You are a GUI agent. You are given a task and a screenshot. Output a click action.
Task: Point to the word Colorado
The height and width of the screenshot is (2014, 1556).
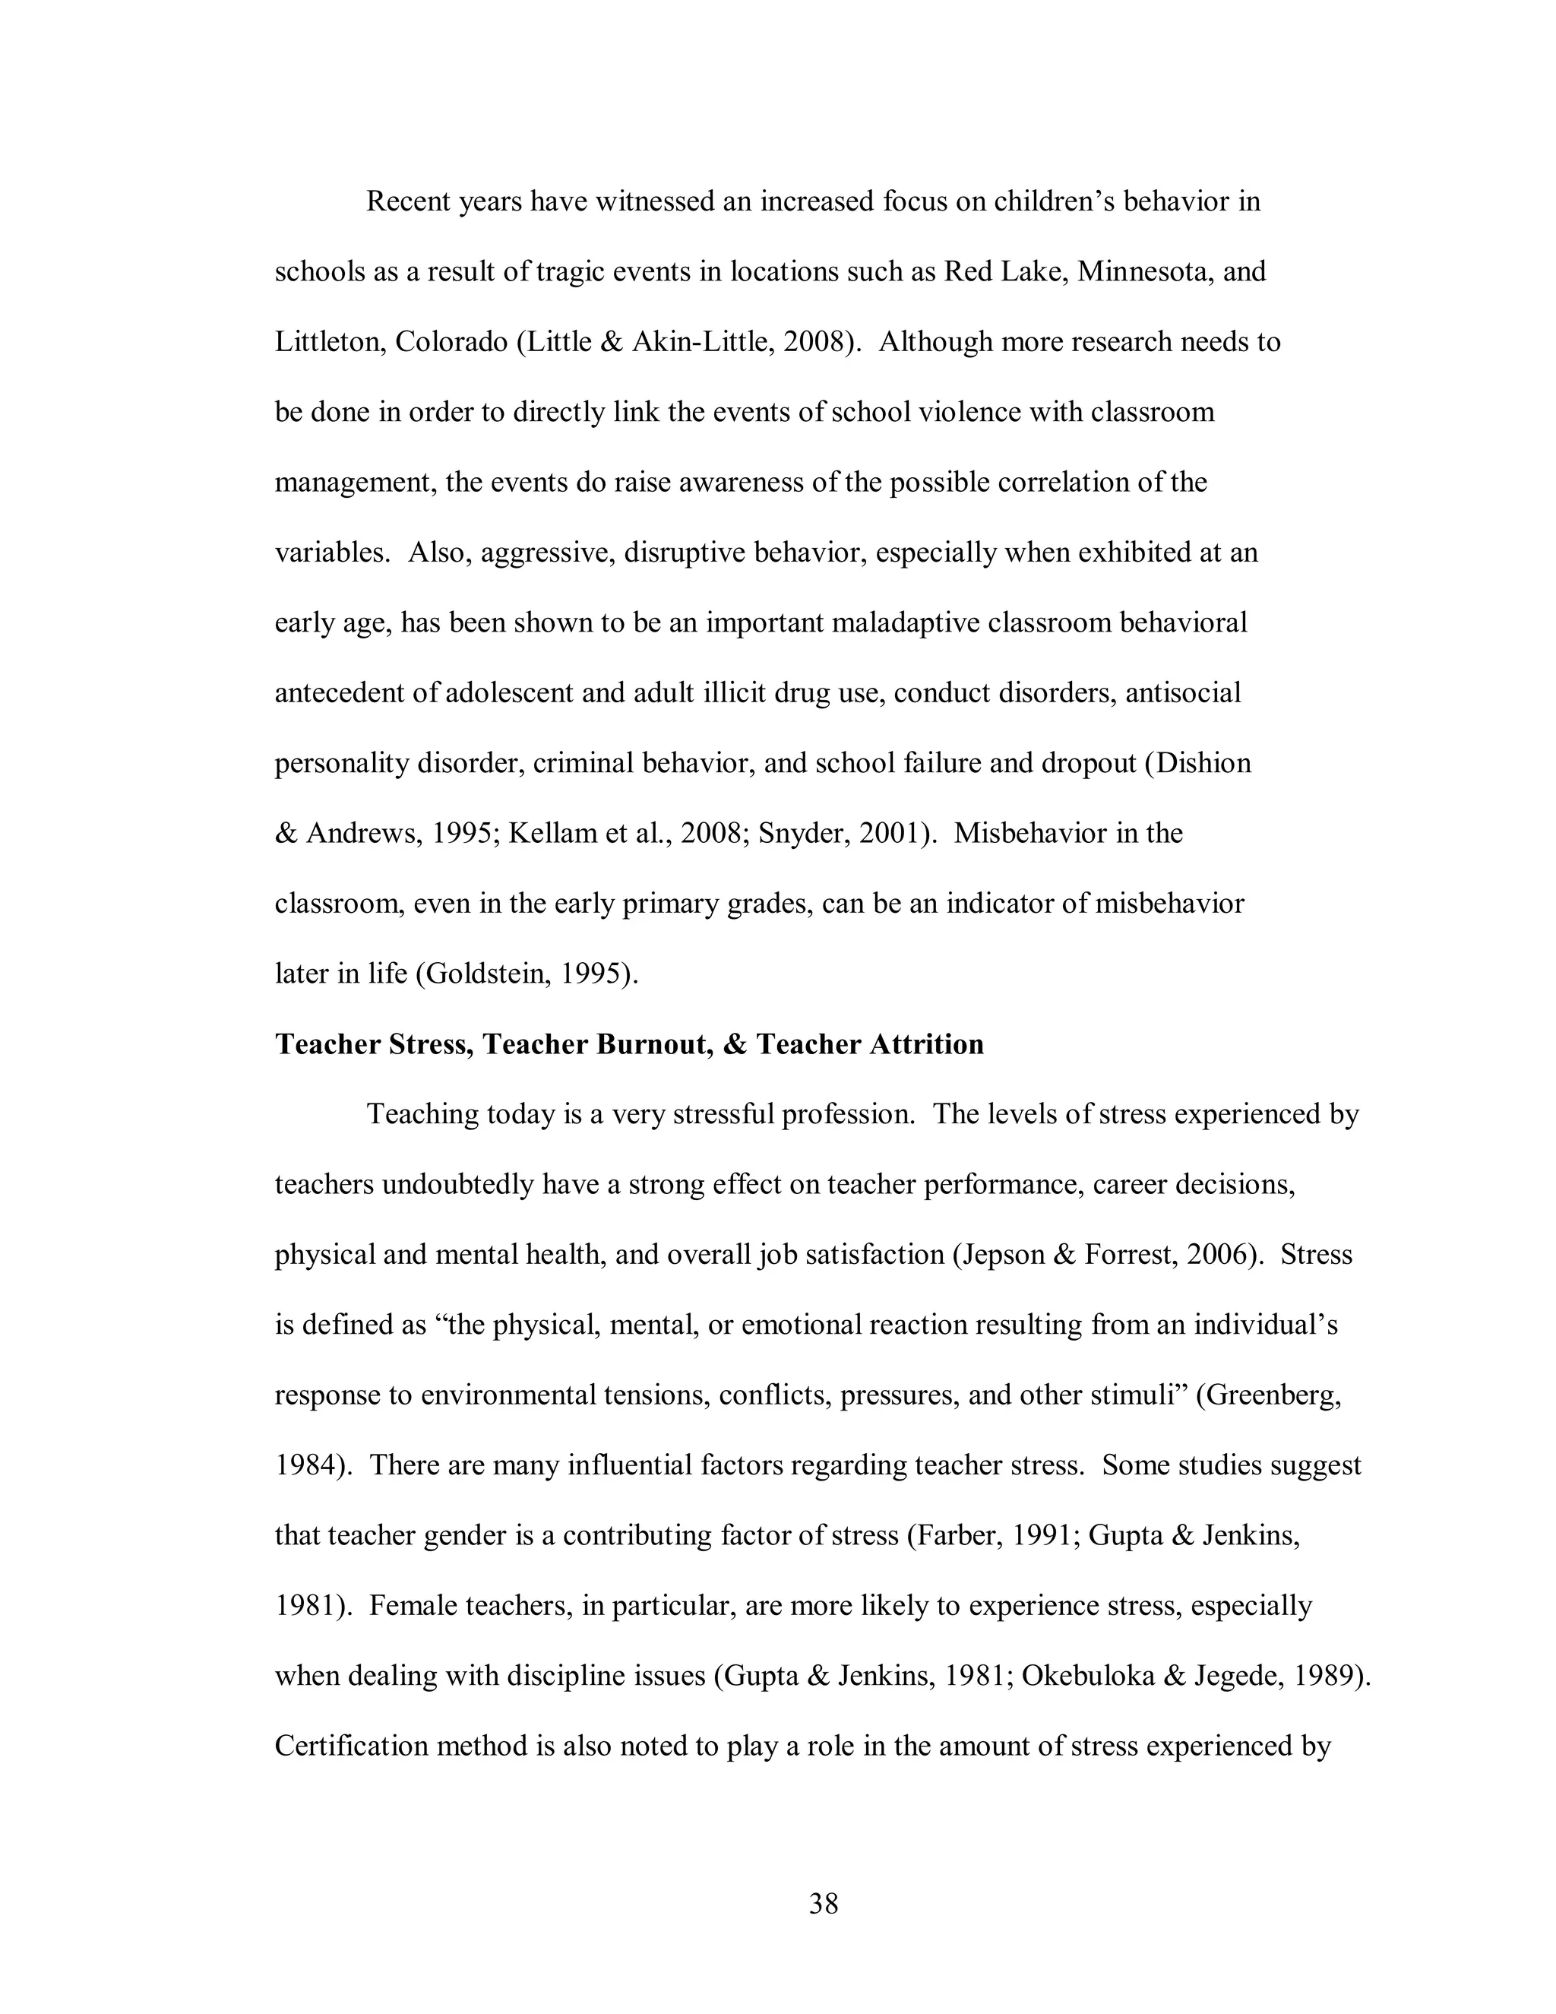[x=451, y=342]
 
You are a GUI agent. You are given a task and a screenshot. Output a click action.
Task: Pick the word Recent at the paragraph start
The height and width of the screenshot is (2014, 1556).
[x=408, y=201]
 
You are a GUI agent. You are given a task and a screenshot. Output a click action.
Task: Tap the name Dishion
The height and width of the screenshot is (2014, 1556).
[x=1206, y=764]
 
